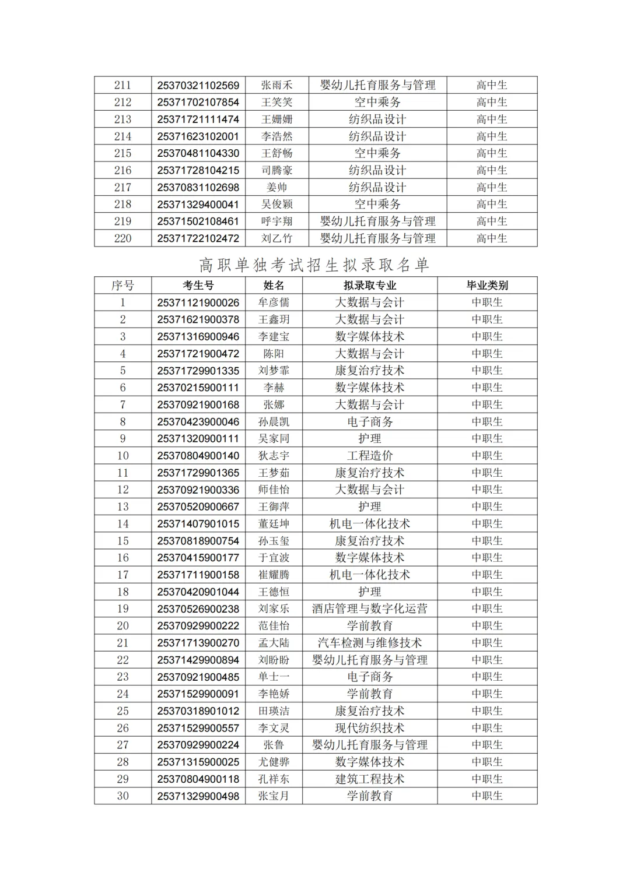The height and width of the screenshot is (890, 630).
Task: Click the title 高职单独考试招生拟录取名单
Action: pyautogui.click(x=314, y=265)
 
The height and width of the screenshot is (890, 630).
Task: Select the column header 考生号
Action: pyautogui.click(x=198, y=285)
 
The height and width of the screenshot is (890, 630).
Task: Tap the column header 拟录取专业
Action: pyautogui.click(x=369, y=285)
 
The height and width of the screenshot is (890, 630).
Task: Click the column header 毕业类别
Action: pyautogui.click(x=487, y=285)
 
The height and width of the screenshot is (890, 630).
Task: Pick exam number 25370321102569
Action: pyautogui.click(x=198, y=85)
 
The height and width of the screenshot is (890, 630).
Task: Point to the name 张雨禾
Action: pyautogui.click(x=276, y=85)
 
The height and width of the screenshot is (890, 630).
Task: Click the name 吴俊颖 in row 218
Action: pyautogui.click(x=276, y=204)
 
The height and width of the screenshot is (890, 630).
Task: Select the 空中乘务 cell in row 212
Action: pyautogui.click(x=377, y=102)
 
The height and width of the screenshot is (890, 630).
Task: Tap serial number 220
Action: pyautogui.click(x=123, y=238)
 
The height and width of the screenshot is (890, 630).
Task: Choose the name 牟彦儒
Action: pyautogui.click(x=274, y=302)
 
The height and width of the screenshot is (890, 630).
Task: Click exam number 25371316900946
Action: pyautogui.click(x=198, y=336)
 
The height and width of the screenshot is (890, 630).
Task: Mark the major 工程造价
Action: pyautogui.click(x=369, y=456)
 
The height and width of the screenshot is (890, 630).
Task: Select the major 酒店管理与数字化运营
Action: pyautogui.click(x=369, y=608)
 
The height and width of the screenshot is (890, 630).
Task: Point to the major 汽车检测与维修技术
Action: pyautogui.click(x=369, y=643)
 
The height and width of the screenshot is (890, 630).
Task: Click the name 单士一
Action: pyautogui.click(x=274, y=677)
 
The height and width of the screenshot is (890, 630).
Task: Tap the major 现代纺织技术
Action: pyautogui.click(x=369, y=728)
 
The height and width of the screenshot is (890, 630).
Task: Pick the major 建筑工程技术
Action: pyautogui.click(x=369, y=779)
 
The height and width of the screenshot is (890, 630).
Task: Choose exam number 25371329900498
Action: pyautogui.click(x=198, y=796)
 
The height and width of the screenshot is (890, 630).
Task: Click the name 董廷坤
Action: pyautogui.click(x=274, y=524)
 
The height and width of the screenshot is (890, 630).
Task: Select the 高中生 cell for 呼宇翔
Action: pyautogui.click(x=492, y=221)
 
